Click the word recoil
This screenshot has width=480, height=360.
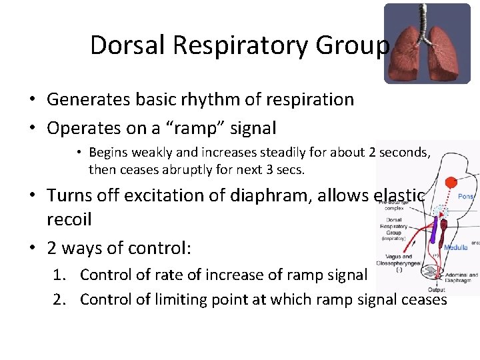(69, 219)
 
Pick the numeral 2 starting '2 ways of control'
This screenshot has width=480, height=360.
(52, 249)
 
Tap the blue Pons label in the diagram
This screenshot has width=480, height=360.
(466, 197)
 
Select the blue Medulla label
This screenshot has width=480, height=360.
(457, 246)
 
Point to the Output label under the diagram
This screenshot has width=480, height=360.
(437, 289)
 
